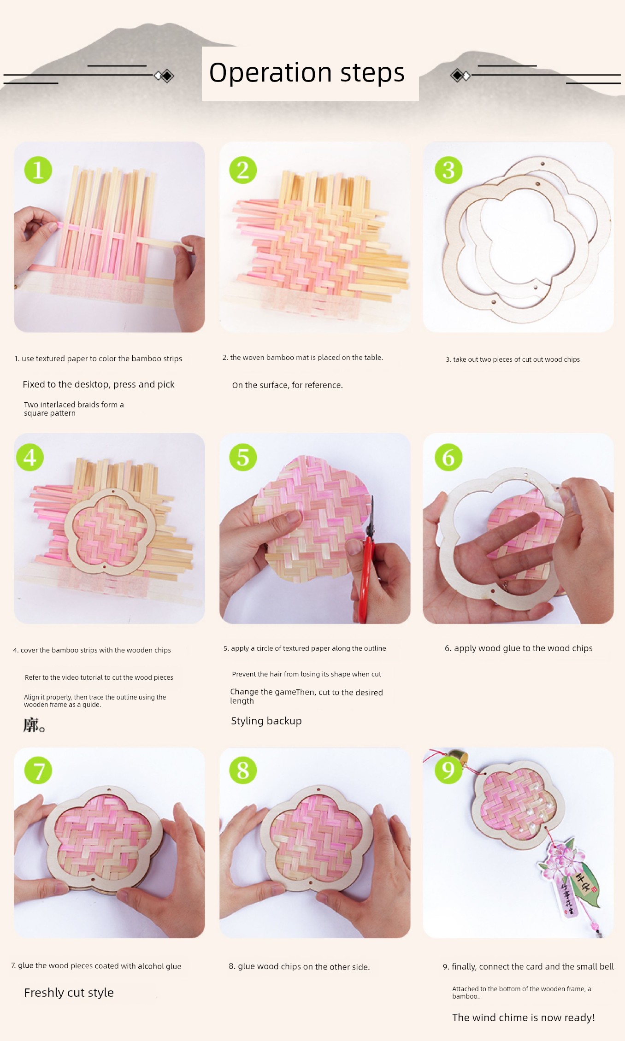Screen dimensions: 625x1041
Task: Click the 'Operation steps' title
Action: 307,73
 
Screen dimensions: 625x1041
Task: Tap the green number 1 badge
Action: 38,170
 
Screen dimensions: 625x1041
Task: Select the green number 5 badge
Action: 243,457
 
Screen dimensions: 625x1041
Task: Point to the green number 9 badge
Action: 448,770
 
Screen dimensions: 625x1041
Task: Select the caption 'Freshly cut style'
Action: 69,993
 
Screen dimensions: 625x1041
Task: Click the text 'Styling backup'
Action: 266,721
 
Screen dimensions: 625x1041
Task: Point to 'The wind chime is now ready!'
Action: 524,1017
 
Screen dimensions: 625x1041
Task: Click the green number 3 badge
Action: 448,170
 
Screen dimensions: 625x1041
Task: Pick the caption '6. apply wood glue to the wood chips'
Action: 519,648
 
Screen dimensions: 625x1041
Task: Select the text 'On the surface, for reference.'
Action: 288,385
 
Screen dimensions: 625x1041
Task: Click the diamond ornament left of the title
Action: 164,76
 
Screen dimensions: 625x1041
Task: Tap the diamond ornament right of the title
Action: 460,76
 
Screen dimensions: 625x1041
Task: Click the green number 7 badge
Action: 38,770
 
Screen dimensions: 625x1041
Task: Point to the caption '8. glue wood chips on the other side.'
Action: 299,967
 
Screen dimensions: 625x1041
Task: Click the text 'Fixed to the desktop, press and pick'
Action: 99,385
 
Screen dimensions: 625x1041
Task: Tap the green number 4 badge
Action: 30,457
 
